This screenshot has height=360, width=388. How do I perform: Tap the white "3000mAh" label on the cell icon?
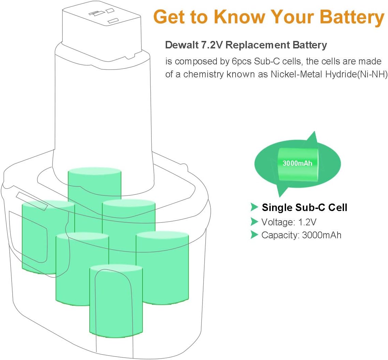point(297,163)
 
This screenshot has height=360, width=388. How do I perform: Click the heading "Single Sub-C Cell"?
point(304,207)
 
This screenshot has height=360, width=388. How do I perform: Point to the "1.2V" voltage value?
point(308,222)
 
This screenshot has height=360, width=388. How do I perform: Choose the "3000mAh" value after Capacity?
point(322,235)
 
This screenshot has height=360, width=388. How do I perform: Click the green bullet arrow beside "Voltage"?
point(254,222)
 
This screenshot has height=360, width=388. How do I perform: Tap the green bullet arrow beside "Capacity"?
point(254,235)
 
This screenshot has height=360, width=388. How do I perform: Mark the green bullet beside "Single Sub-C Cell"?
point(254,207)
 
